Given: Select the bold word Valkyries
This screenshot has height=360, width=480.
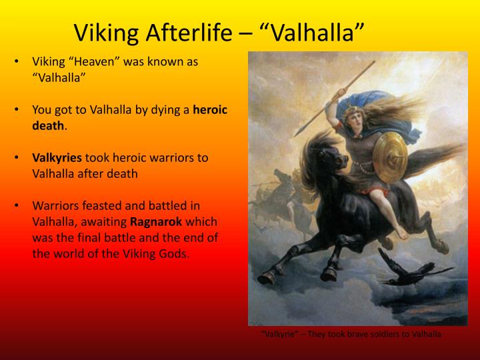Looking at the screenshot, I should [57, 157].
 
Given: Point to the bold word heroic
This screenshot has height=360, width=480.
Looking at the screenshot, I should [210, 109].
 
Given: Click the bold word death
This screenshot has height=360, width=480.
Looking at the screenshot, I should [48, 125].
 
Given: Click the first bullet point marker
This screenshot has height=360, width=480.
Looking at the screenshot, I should [16, 61].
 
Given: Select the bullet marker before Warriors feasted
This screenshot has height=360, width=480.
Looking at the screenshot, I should [16, 205].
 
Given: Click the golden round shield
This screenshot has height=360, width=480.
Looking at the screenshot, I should [389, 154].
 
